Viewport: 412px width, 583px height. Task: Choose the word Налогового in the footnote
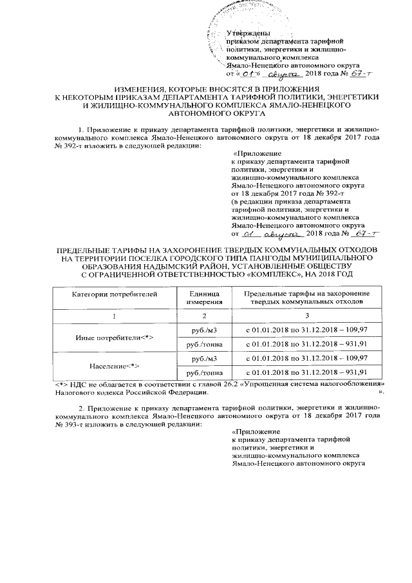click(75, 391)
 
